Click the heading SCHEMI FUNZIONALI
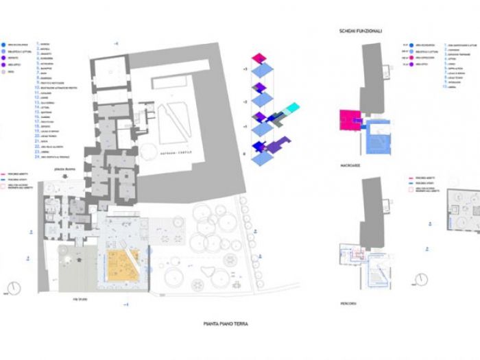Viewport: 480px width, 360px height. pos(361,32)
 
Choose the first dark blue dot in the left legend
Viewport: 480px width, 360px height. pos(5,43)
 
